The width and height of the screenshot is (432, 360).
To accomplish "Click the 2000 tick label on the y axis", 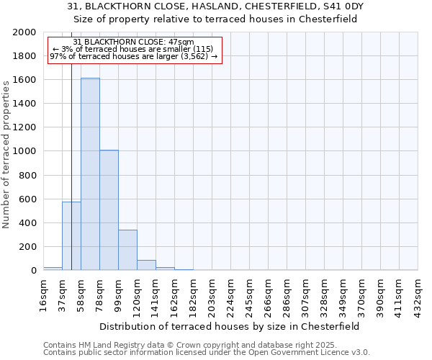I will pos(25,32).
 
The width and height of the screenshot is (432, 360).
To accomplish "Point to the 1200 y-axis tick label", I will pos(25,127).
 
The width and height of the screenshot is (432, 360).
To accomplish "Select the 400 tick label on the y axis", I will pos(28,223).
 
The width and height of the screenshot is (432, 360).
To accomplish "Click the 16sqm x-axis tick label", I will pos(44,293).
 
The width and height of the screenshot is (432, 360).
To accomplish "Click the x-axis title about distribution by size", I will pos(230,326).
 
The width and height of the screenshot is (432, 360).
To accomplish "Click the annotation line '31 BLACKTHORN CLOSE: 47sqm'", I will pos(134,42).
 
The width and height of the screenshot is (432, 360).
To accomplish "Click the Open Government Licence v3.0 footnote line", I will pos(207,353).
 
